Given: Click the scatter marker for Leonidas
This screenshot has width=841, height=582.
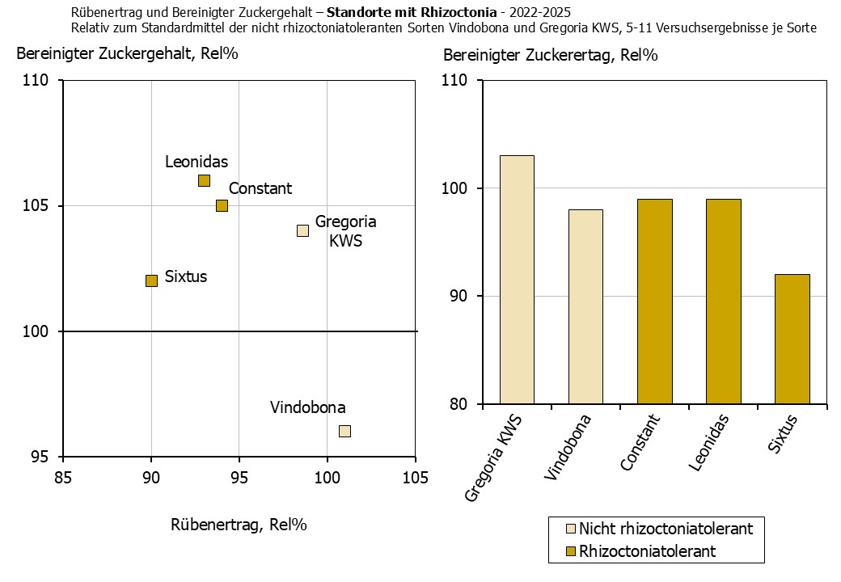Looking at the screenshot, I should click(204, 180).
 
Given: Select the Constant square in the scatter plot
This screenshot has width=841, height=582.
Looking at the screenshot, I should click(222, 205).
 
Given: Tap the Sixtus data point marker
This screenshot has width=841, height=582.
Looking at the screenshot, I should click(151, 280).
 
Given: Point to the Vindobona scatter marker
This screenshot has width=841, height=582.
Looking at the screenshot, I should click(344, 431).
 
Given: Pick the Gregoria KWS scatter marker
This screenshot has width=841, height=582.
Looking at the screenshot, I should click(302, 230).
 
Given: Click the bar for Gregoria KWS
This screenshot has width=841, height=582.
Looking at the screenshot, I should click(517, 279).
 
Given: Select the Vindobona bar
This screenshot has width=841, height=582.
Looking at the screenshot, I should click(585, 306).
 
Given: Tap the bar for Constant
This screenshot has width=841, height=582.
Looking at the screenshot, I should click(654, 301).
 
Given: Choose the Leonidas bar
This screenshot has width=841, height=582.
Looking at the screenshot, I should click(723, 301).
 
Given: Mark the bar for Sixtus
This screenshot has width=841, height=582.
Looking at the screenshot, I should click(792, 339).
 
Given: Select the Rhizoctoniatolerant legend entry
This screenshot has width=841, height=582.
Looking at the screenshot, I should click(647, 551).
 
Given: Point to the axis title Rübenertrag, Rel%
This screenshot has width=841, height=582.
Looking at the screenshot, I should click(239, 524).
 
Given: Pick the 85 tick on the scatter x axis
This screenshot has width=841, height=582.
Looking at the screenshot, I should click(63, 477).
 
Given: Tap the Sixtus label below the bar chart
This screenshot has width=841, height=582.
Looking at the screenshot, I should click(783, 435).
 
